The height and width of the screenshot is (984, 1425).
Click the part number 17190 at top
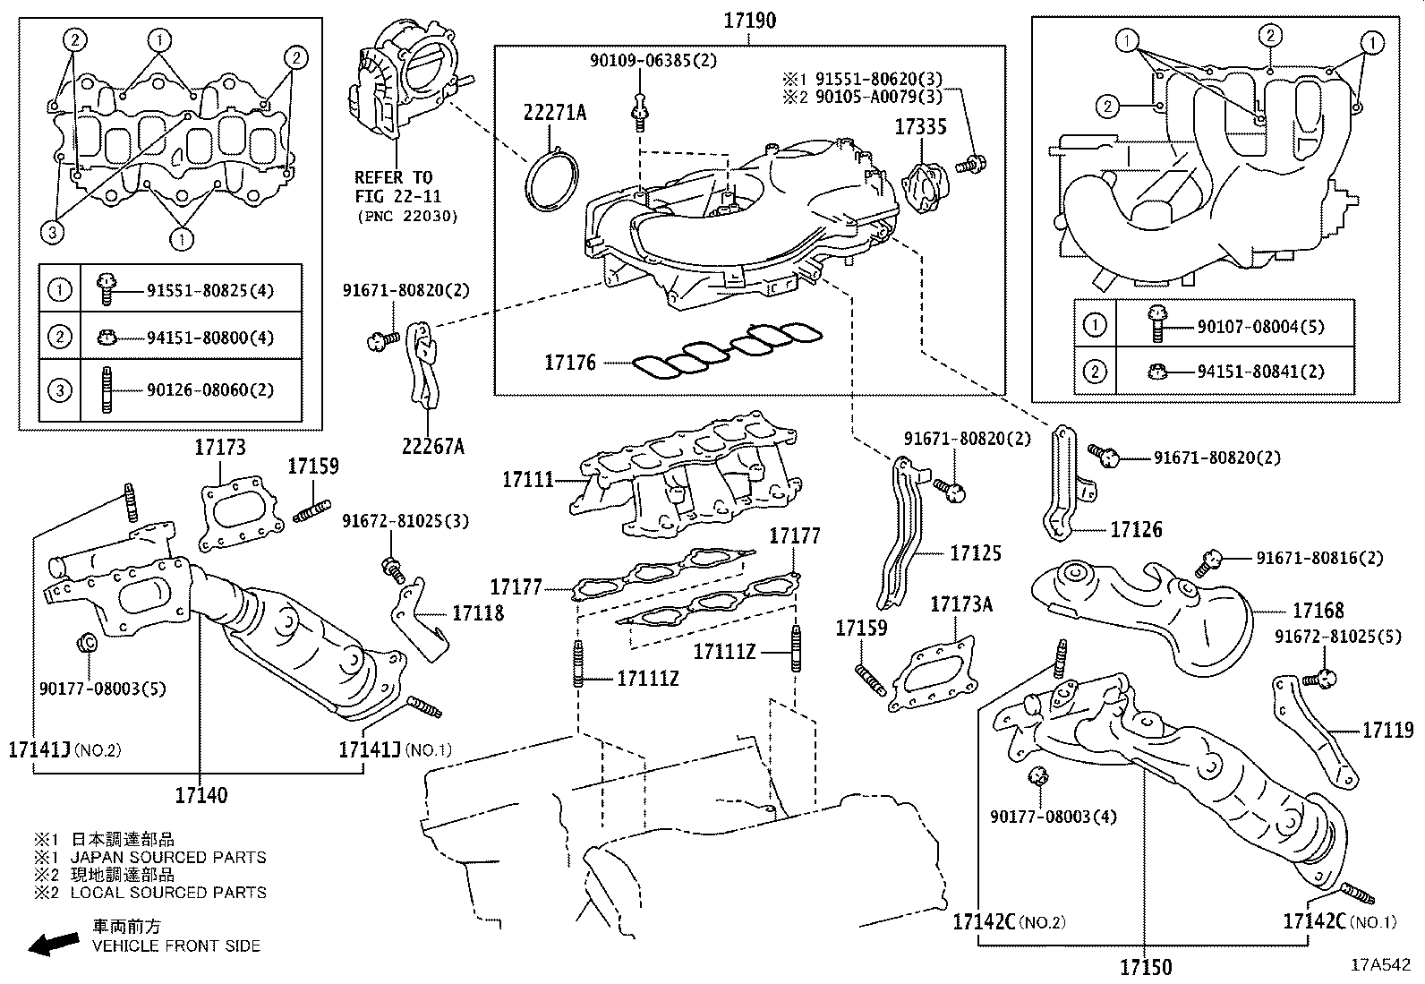749,21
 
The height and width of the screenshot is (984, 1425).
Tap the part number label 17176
570,364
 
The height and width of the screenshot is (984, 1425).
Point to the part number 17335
920,127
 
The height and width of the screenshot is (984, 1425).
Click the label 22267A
432,446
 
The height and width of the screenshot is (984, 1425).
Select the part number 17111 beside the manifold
528,481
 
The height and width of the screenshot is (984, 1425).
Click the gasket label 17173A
961,604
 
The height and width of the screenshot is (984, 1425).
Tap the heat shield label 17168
1318,611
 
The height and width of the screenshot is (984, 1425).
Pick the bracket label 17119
1387,731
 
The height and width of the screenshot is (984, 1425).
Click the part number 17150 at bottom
1145,967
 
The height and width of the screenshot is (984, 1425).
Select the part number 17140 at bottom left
201,794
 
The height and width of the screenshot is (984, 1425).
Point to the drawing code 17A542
1380,965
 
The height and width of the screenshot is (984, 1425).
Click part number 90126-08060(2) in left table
210,390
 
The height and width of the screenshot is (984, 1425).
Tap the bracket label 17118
478,613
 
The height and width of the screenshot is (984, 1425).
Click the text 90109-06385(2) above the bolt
653,61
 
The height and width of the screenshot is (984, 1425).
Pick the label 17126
1136,530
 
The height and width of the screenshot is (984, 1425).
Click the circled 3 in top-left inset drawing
54,233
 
